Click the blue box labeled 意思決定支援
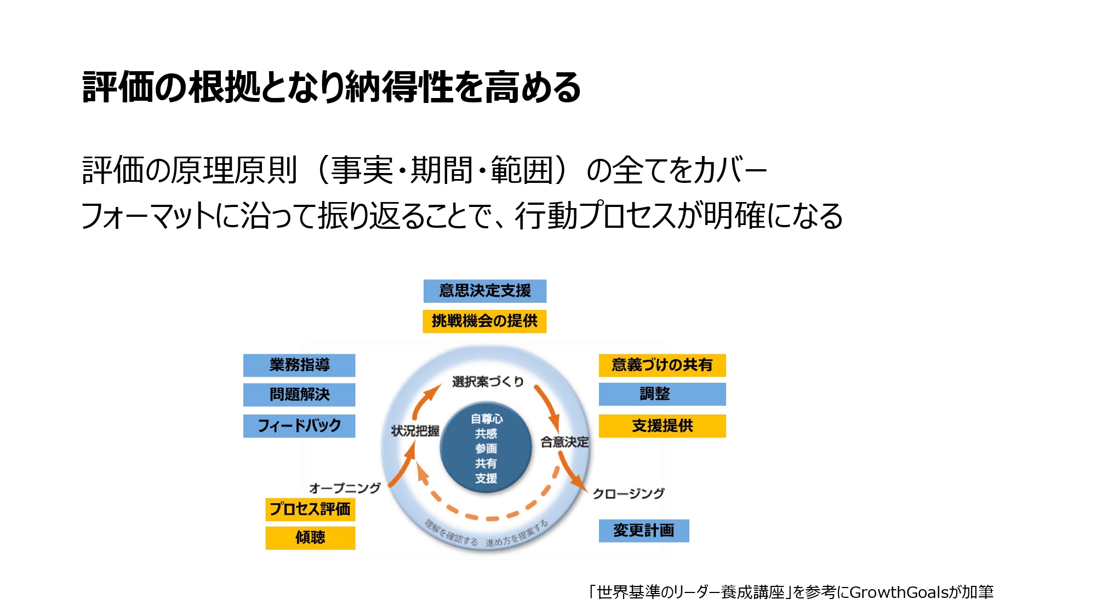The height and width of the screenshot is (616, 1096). [x=484, y=291]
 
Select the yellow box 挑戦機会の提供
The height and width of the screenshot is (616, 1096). [x=484, y=321]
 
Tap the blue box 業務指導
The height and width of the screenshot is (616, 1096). [x=299, y=365]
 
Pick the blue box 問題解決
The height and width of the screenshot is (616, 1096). [x=299, y=395]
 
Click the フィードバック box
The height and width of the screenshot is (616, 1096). [x=299, y=426]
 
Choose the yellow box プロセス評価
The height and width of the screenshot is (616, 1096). [x=310, y=509]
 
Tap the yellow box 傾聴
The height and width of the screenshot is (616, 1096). [x=310, y=538]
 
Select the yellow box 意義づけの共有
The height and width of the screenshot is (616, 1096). [x=662, y=365]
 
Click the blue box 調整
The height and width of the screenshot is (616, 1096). [x=662, y=394]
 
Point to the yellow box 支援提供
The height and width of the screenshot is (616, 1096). [x=662, y=426]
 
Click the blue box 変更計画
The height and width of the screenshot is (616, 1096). [x=643, y=531]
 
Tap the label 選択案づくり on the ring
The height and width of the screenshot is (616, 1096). [x=488, y=382]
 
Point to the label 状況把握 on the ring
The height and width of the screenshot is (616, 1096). [x=415, y=431]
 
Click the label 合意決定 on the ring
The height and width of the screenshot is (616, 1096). [x=564, y=442]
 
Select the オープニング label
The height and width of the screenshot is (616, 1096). [x=345, y=488]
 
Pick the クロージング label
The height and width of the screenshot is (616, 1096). [x=629, y=493]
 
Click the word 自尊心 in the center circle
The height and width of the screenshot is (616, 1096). [x=487, y=419]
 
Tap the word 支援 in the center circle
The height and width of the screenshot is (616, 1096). [x=486, y=478]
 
